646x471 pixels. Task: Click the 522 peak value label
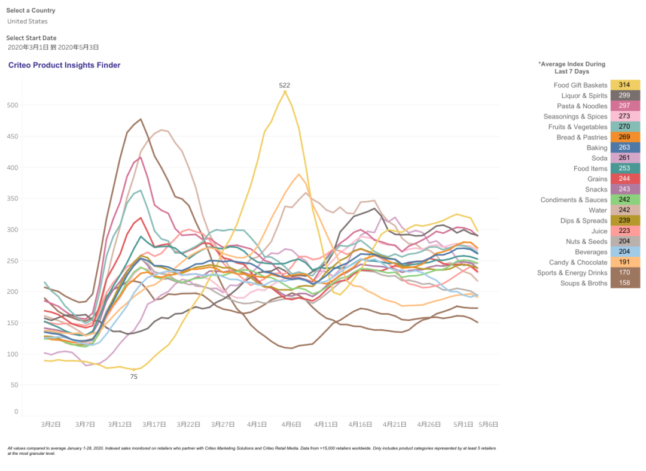tap(285, 86)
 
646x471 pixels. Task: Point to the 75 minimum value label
tap(133, 377)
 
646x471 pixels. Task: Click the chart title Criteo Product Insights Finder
tap(64, 65)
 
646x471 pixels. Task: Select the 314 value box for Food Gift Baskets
tap(624, 85)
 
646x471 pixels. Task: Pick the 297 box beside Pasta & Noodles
tap(624, 106)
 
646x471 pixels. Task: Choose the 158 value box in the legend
tap(624, 283)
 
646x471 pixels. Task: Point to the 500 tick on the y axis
tap(13, 105)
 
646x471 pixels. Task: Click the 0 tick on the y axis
tap(16, 412)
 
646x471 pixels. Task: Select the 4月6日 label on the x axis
tap(291, 424)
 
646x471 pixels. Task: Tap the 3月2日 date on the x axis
tap(51, 424)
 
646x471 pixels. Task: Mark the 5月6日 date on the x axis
tap(488, 424)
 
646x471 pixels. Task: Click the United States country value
tap(28, 21)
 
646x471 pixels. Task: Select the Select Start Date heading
tap(31, 38)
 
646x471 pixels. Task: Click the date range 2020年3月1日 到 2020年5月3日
tap(53, 47)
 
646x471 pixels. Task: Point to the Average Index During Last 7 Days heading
tap(572, 68)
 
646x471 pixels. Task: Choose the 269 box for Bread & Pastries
tap(624, 137)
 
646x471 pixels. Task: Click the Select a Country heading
tap(31, 10)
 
